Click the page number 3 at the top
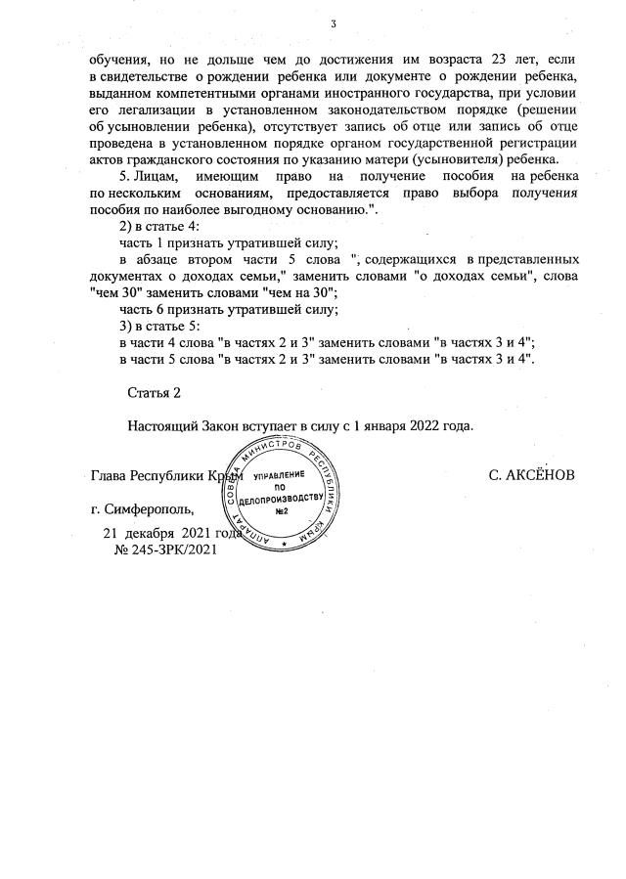[x=334, y=23]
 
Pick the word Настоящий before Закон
[x=161, y=426]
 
